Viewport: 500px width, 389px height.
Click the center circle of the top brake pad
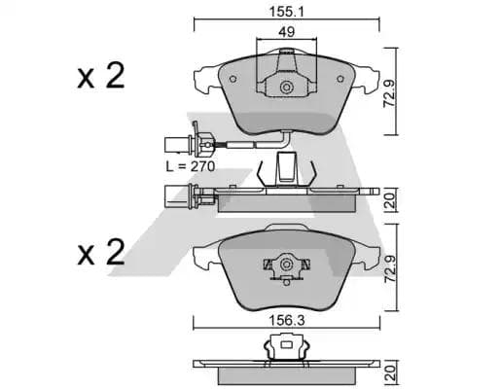pos(286,88)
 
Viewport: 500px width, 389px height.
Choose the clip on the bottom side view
pos(285,345)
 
